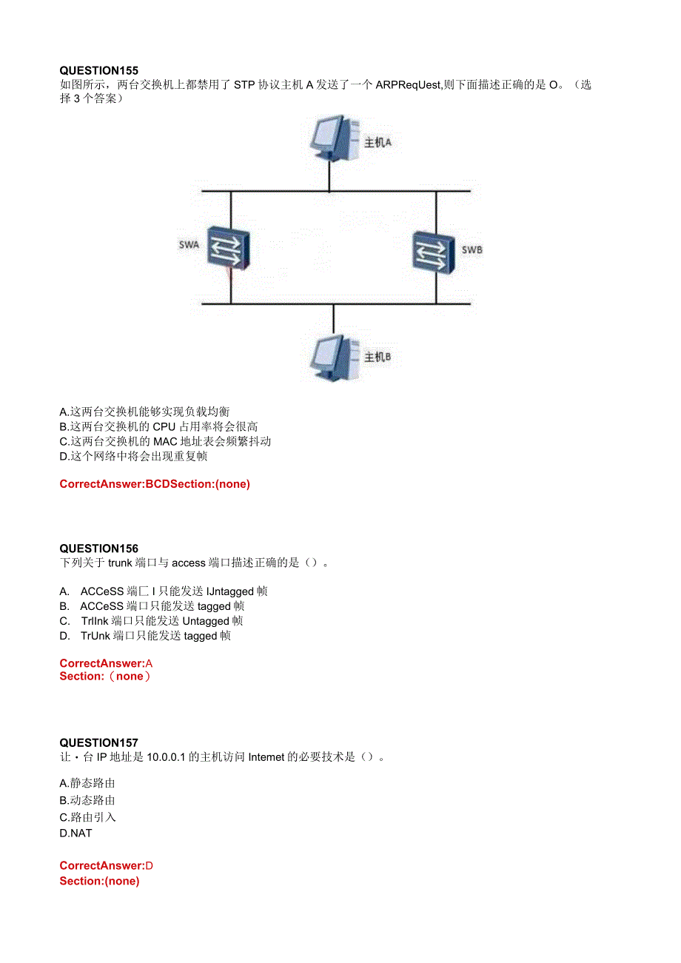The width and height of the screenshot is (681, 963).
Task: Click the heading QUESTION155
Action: (98, 70)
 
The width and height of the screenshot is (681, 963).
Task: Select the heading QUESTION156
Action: (98, 548)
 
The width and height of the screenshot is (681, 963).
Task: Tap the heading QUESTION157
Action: (98, 742)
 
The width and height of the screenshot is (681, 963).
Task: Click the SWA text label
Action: (189, 245)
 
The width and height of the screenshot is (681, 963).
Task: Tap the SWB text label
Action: (472, 249)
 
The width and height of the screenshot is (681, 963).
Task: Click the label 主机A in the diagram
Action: (378, 142)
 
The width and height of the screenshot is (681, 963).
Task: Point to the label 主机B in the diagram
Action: (378, 357)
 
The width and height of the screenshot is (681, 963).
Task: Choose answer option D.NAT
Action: (76, 833)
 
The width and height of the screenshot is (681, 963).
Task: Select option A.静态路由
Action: (87, 783)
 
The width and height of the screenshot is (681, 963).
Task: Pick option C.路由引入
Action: (87, 817)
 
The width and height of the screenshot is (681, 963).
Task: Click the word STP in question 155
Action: (244, 85)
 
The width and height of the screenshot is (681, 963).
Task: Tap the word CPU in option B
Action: (164, 426)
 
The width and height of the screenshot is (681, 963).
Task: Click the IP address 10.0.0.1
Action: (170, 757)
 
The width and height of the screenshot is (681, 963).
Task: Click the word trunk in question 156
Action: (119, 563)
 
